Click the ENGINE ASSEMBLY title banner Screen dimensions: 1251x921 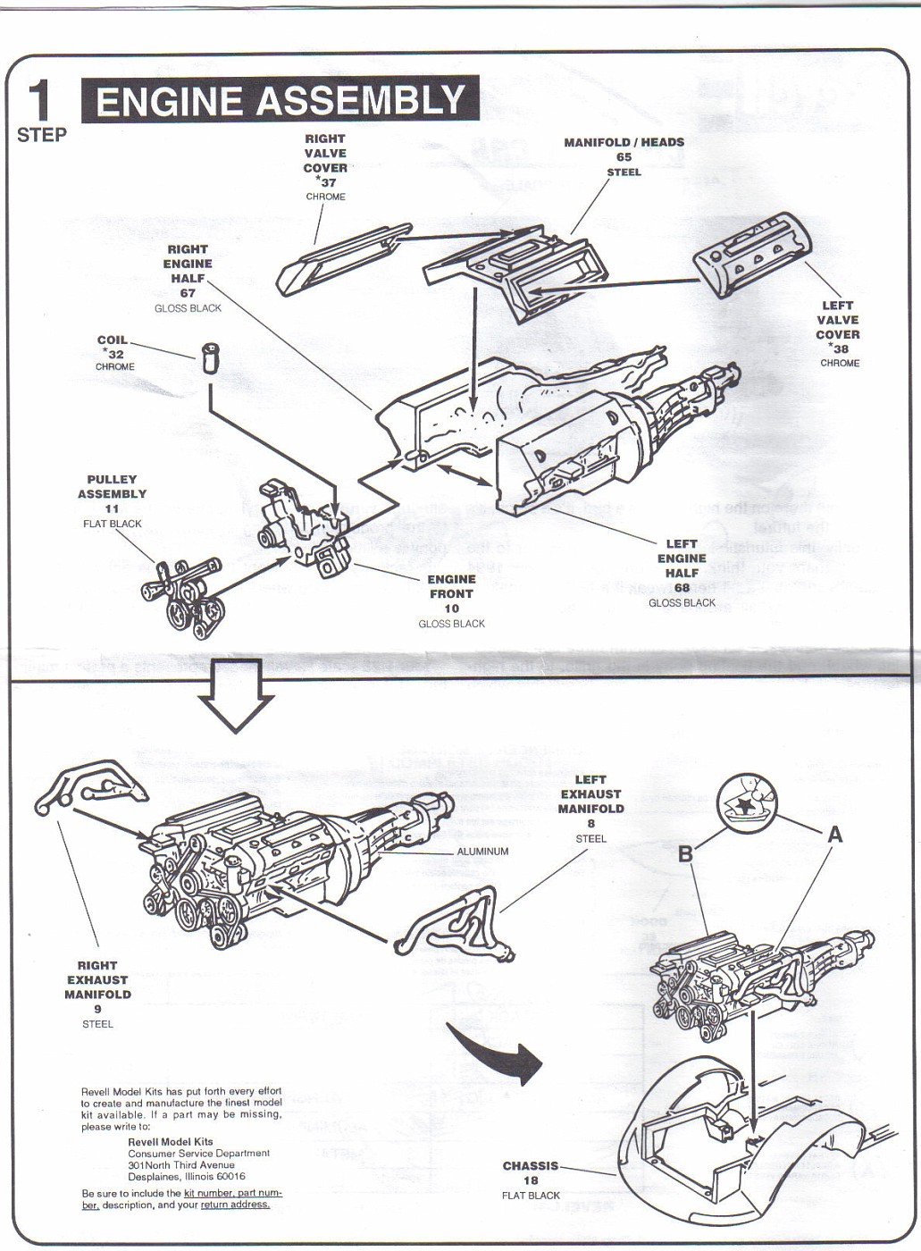point(280,100)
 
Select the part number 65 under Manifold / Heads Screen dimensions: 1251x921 point(624,157)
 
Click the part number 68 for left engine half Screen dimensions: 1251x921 point(682,587)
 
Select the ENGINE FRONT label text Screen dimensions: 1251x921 point(451,586)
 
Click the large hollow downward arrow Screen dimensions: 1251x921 point(235,694)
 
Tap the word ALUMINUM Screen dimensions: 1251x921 point(482,852)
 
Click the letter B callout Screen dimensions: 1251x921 point(685,854)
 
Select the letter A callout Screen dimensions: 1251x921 point(835,835)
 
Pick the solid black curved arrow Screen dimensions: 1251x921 point(496,1054)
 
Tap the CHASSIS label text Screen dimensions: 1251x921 point(531,1165)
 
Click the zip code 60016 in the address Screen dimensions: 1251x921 point(228,1176)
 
